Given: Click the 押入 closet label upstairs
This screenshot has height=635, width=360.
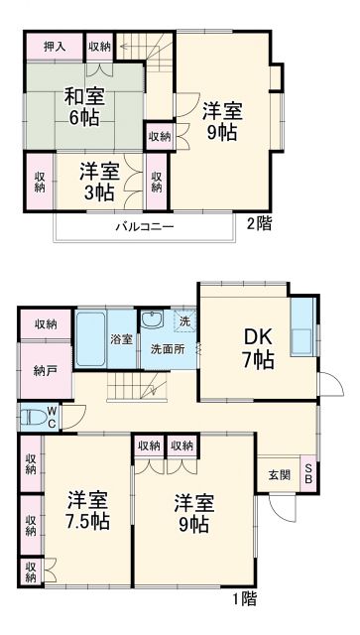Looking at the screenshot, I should [x=55, y=45].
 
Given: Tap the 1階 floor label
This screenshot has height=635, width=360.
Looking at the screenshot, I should [x=245, y=598].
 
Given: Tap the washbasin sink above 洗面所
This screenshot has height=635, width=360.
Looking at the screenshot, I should [x=152, y=320].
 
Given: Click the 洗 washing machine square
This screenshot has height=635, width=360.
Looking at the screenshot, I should [x=184, y=320].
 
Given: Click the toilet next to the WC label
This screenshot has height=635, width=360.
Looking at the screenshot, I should [x=29, y=418].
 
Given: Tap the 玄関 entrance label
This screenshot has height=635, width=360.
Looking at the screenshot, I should [x=280, y=475].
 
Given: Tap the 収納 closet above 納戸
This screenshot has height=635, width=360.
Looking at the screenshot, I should [x=45, y=323].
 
